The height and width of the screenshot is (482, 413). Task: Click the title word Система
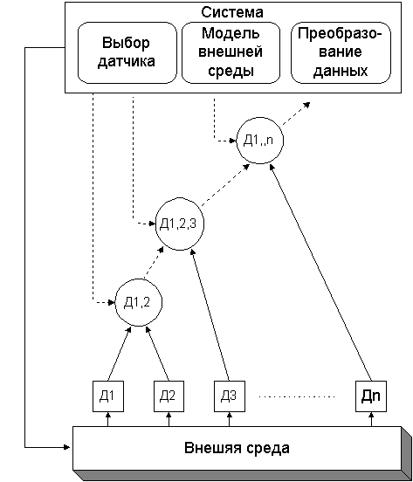[232, 12]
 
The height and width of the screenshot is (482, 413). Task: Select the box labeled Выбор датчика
[127, 52]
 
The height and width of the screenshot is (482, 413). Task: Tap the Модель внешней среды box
[231, 52]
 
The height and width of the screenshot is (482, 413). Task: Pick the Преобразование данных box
[341, 52]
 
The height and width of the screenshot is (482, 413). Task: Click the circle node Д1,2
[139, 302]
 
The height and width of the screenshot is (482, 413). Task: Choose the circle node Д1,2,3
[180, 224]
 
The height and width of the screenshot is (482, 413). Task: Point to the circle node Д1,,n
[259, 141]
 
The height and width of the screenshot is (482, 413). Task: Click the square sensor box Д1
[108, 396]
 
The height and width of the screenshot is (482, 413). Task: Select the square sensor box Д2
[169, 396]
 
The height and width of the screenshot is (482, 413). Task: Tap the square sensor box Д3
[230, 396]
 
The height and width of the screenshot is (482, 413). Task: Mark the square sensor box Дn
[371, 396]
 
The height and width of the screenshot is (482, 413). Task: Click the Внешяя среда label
[237, 448]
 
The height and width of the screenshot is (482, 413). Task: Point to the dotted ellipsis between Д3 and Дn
[297, 396]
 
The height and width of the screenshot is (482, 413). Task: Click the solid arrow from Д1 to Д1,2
[120, 354]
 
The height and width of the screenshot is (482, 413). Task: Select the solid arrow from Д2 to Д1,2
[157, 354]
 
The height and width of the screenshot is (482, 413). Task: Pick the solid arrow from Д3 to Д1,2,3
[210, 314]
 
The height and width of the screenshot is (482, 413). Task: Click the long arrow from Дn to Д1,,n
[320, 272]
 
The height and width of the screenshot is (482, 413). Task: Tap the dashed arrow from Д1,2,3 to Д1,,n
[225, 184]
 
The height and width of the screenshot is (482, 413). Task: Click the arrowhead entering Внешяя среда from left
[67, 447]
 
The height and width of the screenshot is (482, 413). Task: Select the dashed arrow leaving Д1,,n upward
[296, 114]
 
